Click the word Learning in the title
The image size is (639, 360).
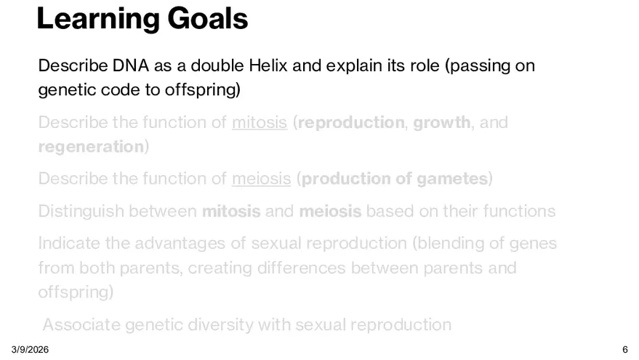click(x=98, y=19)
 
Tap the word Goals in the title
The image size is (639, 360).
click(x=207, y=18)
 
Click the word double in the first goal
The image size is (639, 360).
click(x=217, y=65)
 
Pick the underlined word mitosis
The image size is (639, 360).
click(x=260, y=122)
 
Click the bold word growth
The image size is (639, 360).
click(x=442, y=123)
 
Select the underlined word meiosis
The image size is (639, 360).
click(x=261, y=179)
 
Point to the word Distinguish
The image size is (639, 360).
click(x=81, y=212)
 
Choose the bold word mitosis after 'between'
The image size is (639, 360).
click(x=231, y=211)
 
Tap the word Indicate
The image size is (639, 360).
click(x=69, y=244)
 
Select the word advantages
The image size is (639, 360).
click(x=180, y=244)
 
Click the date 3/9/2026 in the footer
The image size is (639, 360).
click(x=30, y=350)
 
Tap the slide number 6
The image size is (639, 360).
click(x=625, y=350)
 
